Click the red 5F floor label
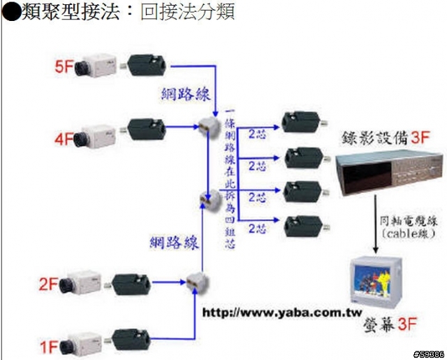[x=64, y=66]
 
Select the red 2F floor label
[x=48, y=284]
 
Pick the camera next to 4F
[x=100, y=133]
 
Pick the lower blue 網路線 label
[x=174, y=243]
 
